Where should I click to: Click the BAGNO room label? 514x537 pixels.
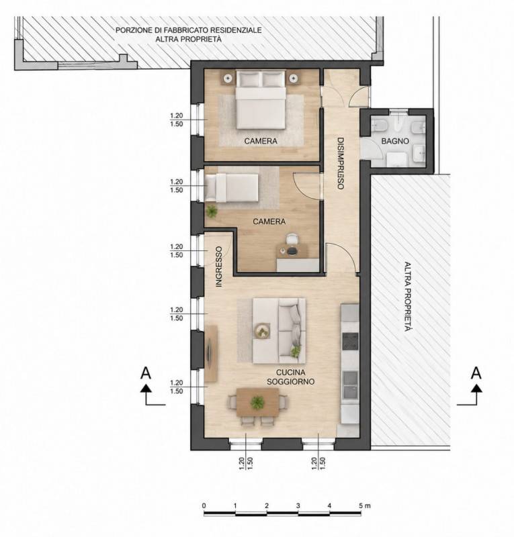point(395,141)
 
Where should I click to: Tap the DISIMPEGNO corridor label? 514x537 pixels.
point(340,163)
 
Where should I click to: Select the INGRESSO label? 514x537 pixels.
point(219,266)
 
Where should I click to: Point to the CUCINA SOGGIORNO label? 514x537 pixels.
point(291,377)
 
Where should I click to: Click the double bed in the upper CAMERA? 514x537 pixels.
point(261,99)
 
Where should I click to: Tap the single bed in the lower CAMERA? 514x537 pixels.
point(231,188)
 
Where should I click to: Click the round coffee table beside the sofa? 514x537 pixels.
point(262,331)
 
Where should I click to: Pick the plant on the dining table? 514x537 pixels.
point(257,402)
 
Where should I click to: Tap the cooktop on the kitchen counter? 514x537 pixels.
point(350,342)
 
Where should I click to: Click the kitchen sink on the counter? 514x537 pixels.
point(350,385)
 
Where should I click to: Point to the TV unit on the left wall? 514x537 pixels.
point(211,354)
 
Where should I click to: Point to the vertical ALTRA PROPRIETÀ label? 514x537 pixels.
point(407,297)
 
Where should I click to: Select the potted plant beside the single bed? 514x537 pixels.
point(212,211)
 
